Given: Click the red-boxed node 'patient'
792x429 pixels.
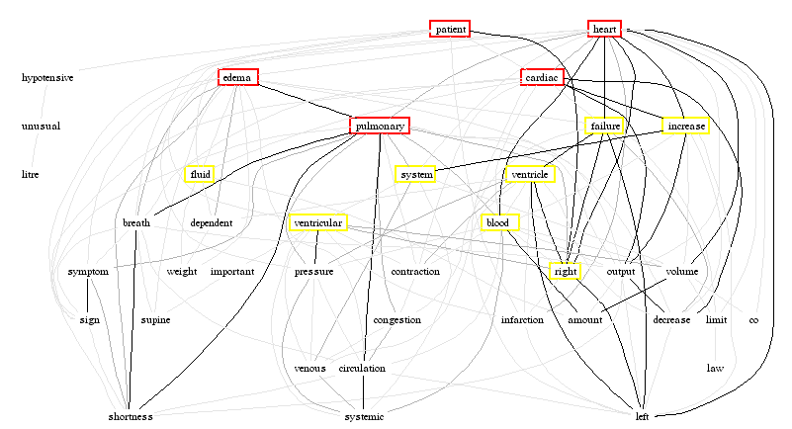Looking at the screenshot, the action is [450, 30].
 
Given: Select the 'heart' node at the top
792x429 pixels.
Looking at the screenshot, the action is [604, 30].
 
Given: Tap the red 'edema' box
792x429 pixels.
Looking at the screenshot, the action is [238, 78].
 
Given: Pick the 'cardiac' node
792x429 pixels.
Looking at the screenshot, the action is [542, 78].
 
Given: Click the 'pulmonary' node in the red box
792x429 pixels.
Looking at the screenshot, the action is [380, 126].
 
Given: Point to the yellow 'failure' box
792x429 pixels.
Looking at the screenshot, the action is [605, 126].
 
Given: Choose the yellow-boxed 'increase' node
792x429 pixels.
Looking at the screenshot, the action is [686, 126].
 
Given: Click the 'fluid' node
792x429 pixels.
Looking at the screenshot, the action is [200, 174].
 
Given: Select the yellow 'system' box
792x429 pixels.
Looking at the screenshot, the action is [416, 174].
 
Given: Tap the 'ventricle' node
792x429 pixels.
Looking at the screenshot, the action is [530, 174].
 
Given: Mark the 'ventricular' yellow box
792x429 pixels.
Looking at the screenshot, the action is [317, 222].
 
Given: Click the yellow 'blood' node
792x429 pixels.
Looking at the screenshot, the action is [500, 222].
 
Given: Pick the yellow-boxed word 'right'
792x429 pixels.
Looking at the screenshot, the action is [566, 271].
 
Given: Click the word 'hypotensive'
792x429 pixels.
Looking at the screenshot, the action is [47, 78].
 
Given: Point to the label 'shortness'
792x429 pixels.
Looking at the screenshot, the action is [131, 417].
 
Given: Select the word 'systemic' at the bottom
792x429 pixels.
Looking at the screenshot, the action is [364, 417].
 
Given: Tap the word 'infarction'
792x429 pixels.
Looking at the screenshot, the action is [522, 320].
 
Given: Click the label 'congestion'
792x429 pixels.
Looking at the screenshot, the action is [397, 320].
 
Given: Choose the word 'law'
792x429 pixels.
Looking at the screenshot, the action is [715, 369].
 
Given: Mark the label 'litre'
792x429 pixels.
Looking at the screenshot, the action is [30, 175].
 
